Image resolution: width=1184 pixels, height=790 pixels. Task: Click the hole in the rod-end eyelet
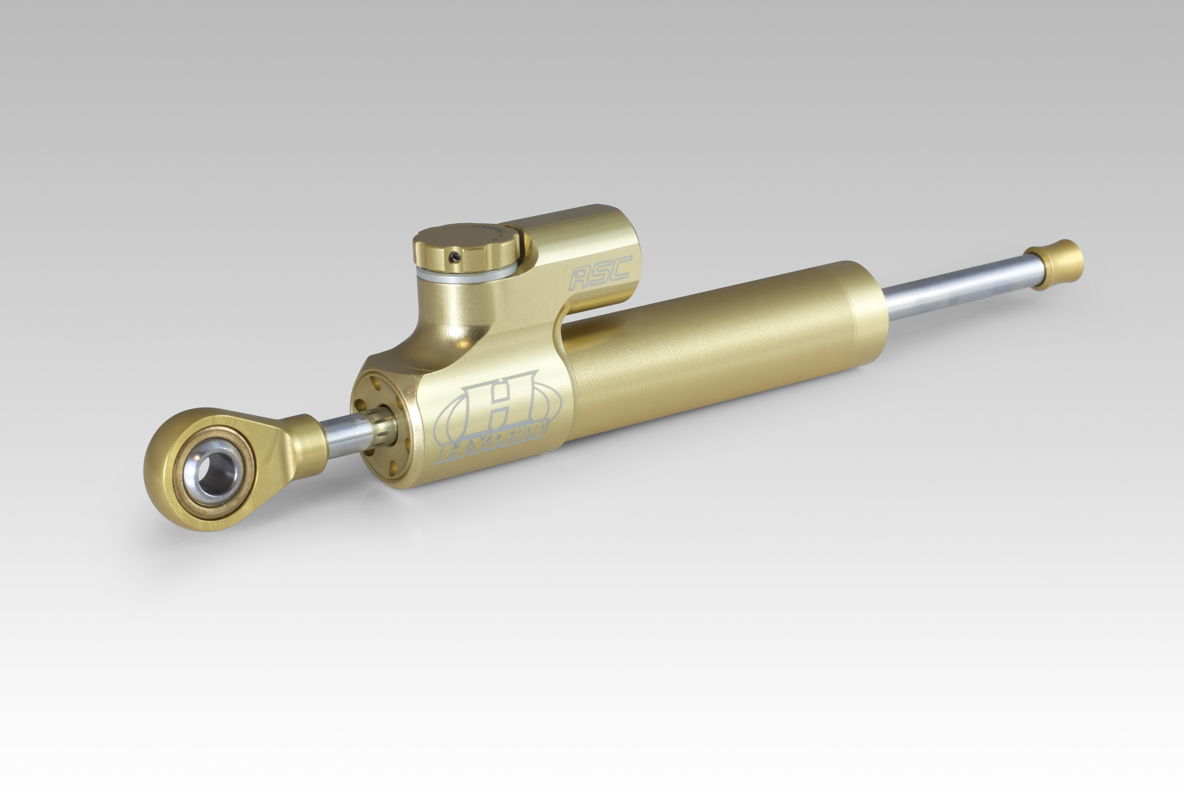214,471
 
